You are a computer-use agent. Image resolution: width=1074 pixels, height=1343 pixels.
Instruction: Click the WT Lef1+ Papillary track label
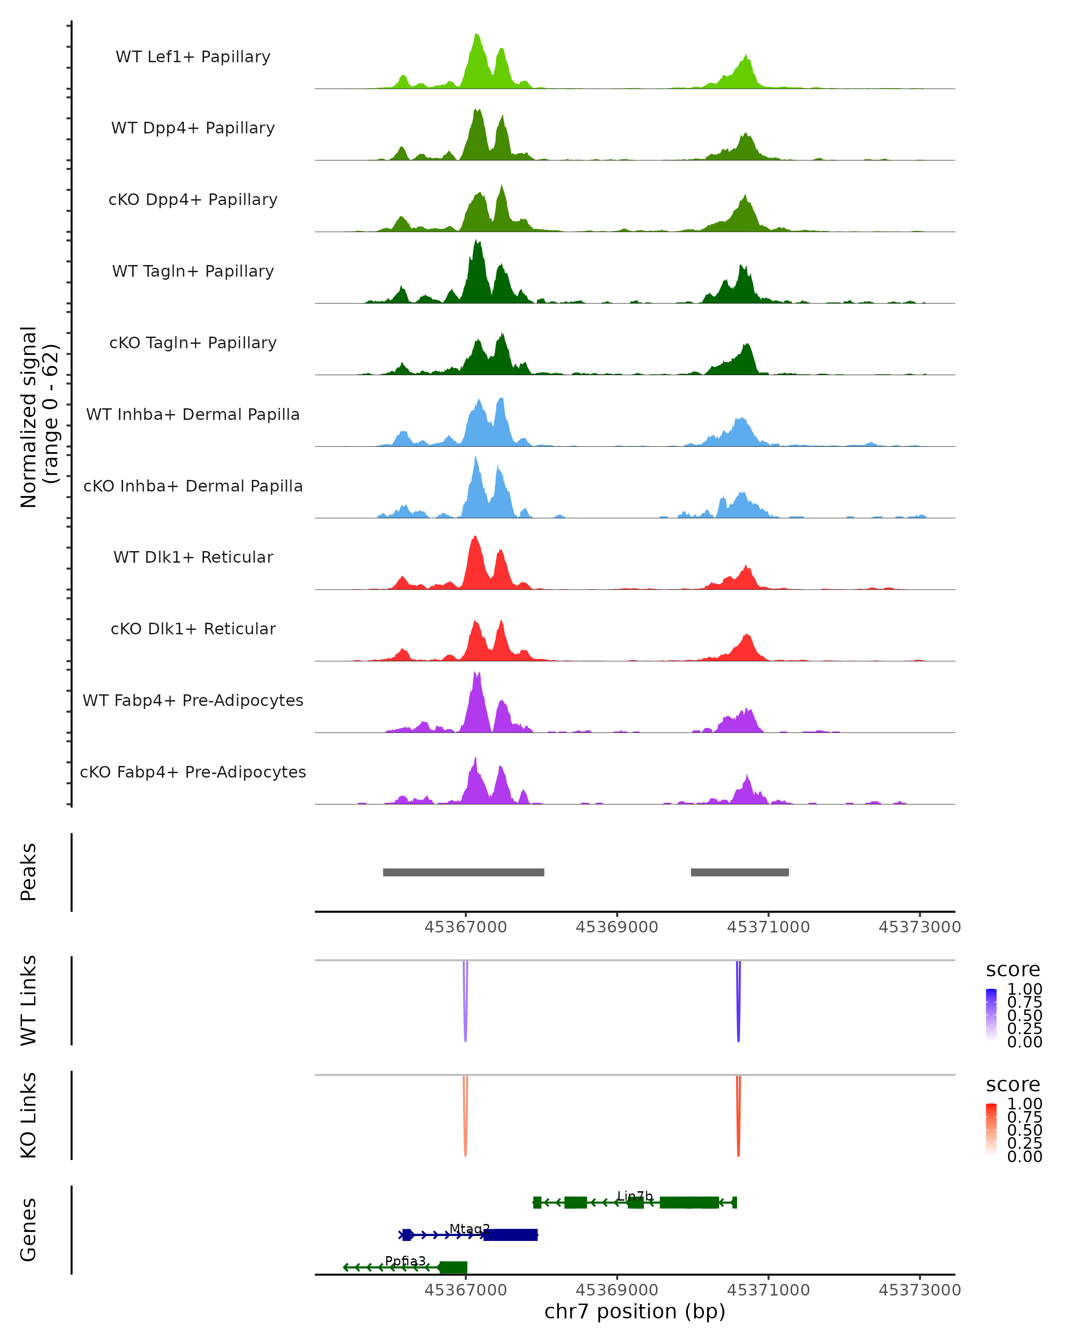tap(193, 57)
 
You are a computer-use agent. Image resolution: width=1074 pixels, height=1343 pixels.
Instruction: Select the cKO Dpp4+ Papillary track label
tap(193, 200)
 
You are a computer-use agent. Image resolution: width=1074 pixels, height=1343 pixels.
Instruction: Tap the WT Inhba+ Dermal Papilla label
tap(193, 415)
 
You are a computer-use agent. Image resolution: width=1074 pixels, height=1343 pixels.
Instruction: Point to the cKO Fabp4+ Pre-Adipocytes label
tap(193, 772)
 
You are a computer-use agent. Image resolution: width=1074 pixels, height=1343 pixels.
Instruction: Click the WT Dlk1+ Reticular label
tap(193, 557)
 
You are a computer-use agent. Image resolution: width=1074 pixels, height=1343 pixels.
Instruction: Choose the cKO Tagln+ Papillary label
tap(193, 343)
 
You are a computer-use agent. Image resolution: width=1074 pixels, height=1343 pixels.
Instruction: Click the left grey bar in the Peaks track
tap(463, 872)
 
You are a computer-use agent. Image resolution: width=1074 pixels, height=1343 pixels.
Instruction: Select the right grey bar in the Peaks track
tap(740, 872)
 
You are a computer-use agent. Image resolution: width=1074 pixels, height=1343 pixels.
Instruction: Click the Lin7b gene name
tap(635, 1196)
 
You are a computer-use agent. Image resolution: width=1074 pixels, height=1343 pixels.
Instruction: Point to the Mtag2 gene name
tap(469, 1228)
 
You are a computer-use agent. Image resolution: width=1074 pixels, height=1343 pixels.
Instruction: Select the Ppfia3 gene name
tap(405, 1261)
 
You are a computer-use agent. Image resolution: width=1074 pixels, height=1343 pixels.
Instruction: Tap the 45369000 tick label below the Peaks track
tap(617, 927)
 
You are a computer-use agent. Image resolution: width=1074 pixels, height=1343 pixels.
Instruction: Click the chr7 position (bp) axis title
tap(635, 1312)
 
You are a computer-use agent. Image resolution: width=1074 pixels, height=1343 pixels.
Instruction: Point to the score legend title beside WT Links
tap(1013, 970)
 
